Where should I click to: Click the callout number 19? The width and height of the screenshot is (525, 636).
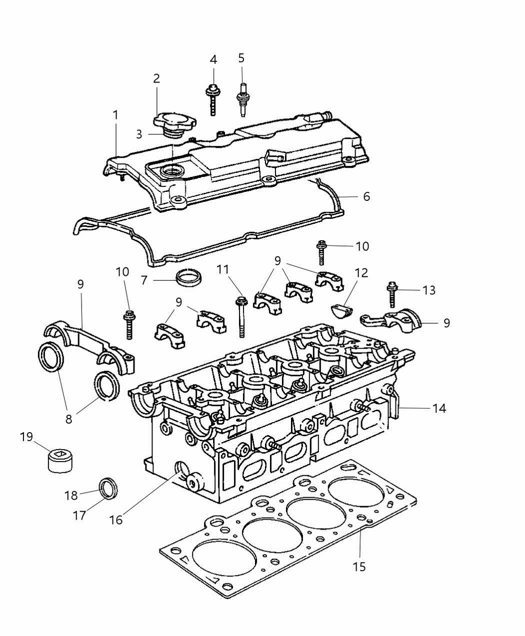pyautogui.click(x=26, y=437)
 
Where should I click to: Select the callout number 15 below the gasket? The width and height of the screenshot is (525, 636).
pyautogui.click(x=359, y=567)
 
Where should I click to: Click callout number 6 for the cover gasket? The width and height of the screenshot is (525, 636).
pyautogui.click(x=366, y=197)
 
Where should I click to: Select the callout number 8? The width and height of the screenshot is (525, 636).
pyautogui.click(x=68, y=419)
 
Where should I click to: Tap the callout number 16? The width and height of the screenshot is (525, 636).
pyautogui.click(x=116, y=520)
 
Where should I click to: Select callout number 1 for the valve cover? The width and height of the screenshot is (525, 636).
pyautogui.click(x=116, y=115)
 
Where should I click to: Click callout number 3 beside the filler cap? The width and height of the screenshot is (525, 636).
pyautogui.click(x=139, y=134)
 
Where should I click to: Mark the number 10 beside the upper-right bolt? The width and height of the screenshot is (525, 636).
pyautogui.click(x=362, y=246)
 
